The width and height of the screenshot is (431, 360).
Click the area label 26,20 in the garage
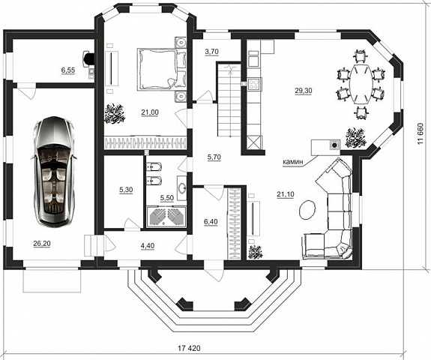click(42, 244)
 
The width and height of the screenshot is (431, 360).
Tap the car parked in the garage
click(55, 171)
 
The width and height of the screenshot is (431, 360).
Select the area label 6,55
click(68, 70)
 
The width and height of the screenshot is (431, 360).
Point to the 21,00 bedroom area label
click(150, 112)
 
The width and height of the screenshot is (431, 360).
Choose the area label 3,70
click(211, 52)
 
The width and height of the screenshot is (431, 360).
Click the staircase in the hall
click(229, 100)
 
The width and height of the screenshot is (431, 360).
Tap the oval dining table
click(361, 84)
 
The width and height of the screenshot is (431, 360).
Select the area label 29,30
click(304, 91)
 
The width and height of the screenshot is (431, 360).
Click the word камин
click(293, 162)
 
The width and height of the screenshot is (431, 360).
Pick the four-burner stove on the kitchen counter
click(255, 84)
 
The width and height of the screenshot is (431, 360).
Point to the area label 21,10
click(286, 194)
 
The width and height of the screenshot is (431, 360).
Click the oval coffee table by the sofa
click(307, 209)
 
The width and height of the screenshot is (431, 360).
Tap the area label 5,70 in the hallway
click(214, 157)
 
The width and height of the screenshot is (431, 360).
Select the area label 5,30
click(126, 190)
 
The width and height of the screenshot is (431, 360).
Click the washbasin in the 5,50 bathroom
click(182, 188)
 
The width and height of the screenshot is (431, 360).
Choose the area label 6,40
click(211, 222)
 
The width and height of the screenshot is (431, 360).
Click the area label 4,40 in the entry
click(148, 245)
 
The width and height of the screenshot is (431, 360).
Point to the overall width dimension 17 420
click(189, 348)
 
